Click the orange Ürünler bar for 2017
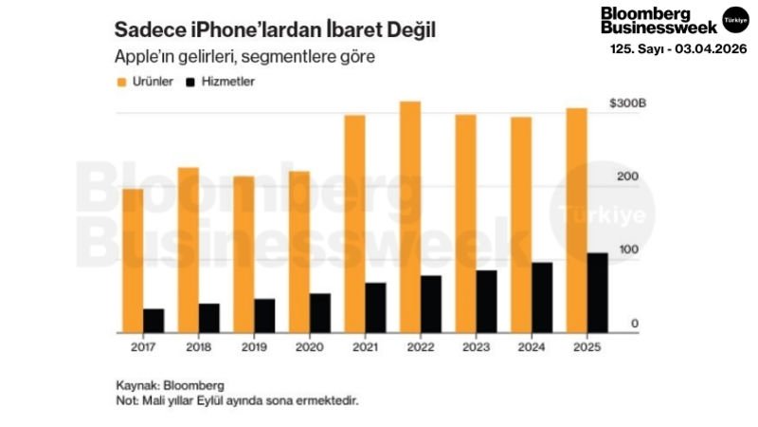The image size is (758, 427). click(x=132, y=261)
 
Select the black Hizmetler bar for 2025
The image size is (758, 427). click(x=598, y=292)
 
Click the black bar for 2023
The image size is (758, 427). click(x=486, y=301)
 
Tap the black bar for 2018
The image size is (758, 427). click(x=208, y=318)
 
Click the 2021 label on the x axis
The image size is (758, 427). click(x=365, y=348)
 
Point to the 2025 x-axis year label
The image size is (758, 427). click(x=587, y=348)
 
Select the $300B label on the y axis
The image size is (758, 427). click(x=626, y=102)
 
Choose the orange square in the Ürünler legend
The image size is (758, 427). click(x=119, y=82)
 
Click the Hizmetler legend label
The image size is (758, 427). click(x=227, y=82)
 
